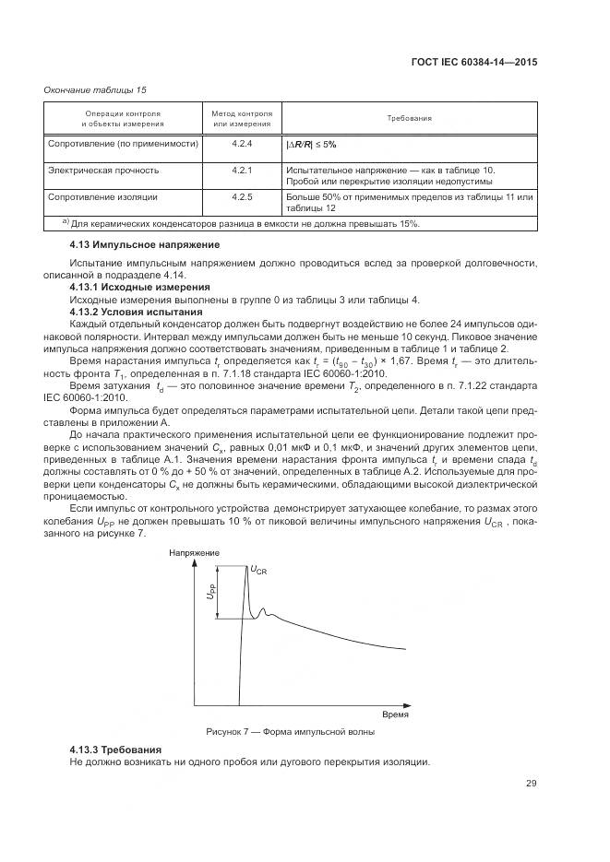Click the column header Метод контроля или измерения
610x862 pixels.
(242, 119)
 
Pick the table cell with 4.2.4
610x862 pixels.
(242, 146)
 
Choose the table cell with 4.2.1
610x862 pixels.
(242, 171)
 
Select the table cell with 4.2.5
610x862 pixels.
(242, 197)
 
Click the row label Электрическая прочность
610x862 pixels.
(103, 171)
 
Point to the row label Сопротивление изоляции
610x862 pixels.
(102, 197)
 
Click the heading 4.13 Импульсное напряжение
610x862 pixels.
(145, 245)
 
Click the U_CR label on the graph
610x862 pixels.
(259, 571)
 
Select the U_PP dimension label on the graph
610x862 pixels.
(210, 593)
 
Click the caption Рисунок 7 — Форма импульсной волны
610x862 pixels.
(290, 731)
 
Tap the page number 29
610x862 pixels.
(531, 784)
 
